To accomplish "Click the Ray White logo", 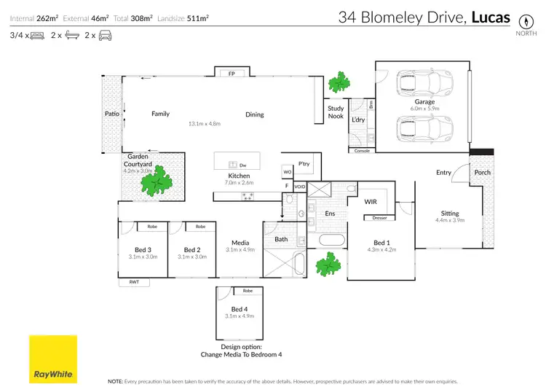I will coord(52,359).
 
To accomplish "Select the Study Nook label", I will coord(336,112).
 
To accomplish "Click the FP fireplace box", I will coord(232,73).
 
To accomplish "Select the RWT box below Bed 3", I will coord(134,282).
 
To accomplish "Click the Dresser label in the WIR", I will coord(379,218).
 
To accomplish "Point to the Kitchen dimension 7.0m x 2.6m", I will coord(239,184).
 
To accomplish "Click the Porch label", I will coord(482,173).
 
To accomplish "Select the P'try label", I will coord(304,164).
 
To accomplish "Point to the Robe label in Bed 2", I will coord(200,227).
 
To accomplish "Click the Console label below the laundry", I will coord(362,151).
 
